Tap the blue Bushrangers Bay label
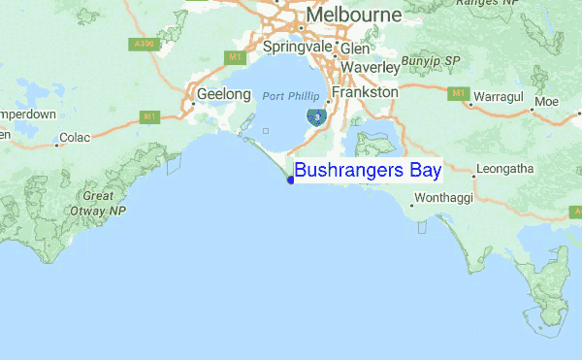pyautogui.click(x=368, y=171)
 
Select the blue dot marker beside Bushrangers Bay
pyautogui.click(x=291, y=180)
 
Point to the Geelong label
pyautogui.click(x=217, y=95)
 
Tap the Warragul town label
pyautogui.click(x=501, y=99)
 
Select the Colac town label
pyautogui.click(x=75, y=138)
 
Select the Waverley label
pyautogui.click(x=369, y=68)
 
